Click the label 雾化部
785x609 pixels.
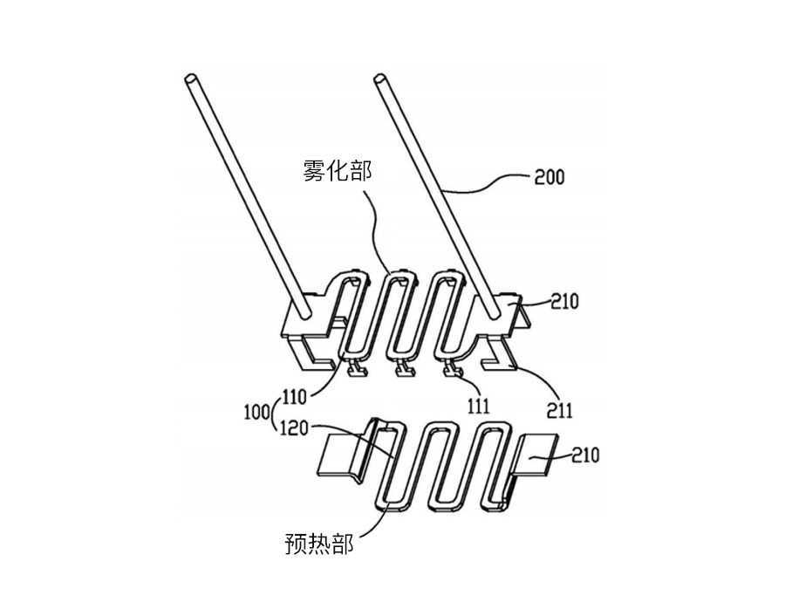[x=338, y=170]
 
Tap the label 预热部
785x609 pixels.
[x=319, y=544]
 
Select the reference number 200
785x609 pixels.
[x=549, y=177]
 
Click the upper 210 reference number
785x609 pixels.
[x=564, y=302]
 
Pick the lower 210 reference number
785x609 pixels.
[x=584, y=455]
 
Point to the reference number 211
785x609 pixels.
[x=559, y=411]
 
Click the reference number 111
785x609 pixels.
[x=478, y=407]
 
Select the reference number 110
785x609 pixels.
[x=294, y=397]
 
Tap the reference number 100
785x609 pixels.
[x=256, y=414]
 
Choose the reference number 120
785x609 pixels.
[x=295, y=428]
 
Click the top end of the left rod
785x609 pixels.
[x=190, y=79]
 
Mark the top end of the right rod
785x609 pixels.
[x=380, y=79]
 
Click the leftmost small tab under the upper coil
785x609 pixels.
[x=357, y=368]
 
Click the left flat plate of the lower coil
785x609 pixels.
[x=340, y=455]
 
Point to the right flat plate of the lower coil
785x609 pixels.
[x=536, y=455]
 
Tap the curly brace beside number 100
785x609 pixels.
[x=274, y=414]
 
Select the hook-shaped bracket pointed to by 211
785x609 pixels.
[x=498, y=357]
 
